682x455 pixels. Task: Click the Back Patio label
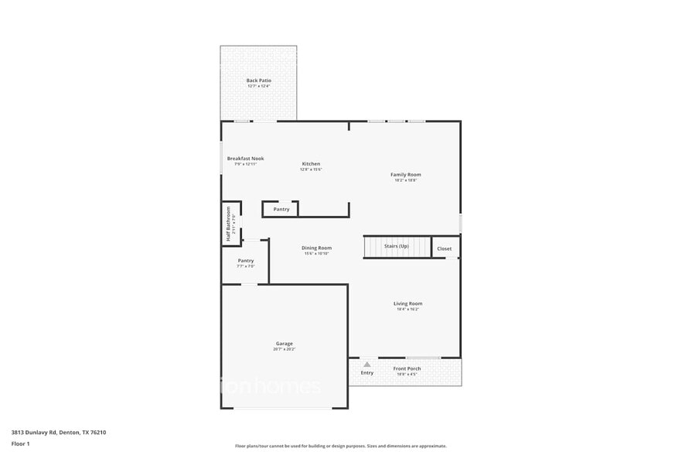point(259,80)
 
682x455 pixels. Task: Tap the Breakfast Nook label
point(245,158)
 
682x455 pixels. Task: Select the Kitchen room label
point(311,163)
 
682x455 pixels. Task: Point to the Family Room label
point(406,174)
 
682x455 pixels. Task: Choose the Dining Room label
point(317,248)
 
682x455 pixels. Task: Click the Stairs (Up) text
point(397,246)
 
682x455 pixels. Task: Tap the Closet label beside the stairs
point(445,248)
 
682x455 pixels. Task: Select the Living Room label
point(407,303)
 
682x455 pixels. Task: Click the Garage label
point(285,343)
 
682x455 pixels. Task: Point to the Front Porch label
point(407,368)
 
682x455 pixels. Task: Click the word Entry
point(367,373)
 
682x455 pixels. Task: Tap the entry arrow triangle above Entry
point(367,364)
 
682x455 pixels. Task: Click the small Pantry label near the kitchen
point(281,209)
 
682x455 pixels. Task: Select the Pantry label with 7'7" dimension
point(246,261)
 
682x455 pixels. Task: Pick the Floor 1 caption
point(21,443)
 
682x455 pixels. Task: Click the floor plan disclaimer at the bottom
point(341,446)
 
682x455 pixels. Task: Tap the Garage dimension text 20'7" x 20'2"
point(285,349)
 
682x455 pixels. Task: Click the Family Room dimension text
point(406,180)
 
